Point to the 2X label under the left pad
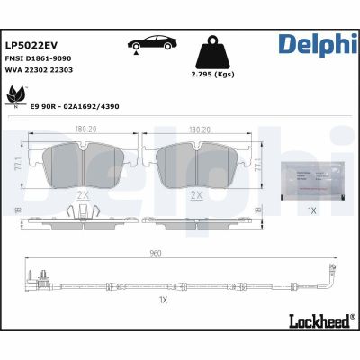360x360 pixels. pos(83,194)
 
